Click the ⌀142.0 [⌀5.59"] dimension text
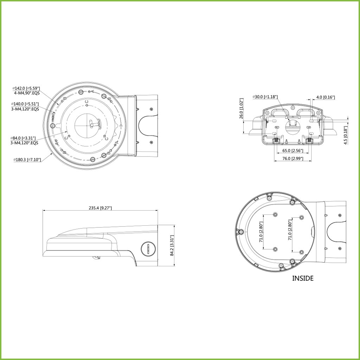pyautogui.click(x=26, y=88)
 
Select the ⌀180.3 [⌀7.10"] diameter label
pyautogui.click(x=27, y=160)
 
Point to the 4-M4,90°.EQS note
pyautogui.click(x=26, y=93)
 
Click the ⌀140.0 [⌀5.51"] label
pyautogui.click(x=25, y=104)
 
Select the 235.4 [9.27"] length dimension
pyautogui.click(x=100, y=208)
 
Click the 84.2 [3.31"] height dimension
pyautogui.click(x=172, y=246)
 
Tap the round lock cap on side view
pyautogui.click(x=148, y=249)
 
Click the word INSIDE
pyautogui.click(x=303, y=278)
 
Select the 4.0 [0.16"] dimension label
pyautogui.click(x=325, y=97)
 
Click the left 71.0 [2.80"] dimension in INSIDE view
pyautogui.click(x=261, y=232)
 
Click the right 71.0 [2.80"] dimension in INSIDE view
pyautogui.click(x=290, y=232)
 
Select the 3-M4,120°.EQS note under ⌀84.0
pyautogui.click(x=25, y=143)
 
